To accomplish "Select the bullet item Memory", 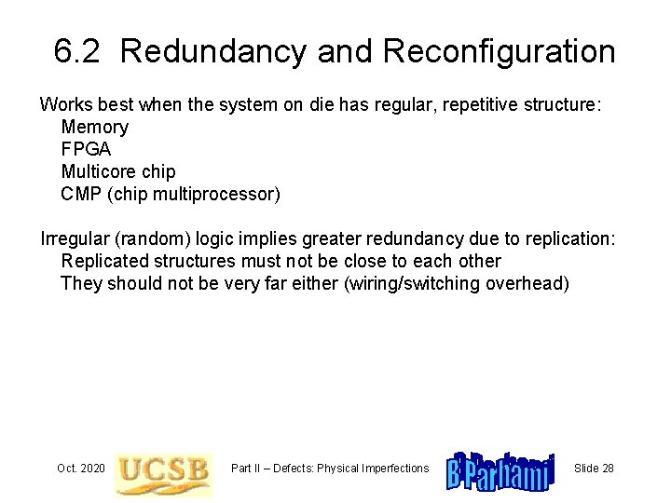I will click(x=94, y=127).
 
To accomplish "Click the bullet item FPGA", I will click(x=86, y=149).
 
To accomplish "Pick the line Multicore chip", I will click(x=117, y=171).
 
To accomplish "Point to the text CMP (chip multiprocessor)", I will click(x=170, y=194).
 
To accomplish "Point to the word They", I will click(x=80, y=284).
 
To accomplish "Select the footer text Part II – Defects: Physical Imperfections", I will click(x=330, y=467).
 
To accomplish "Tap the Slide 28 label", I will click(x=594, y=467).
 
